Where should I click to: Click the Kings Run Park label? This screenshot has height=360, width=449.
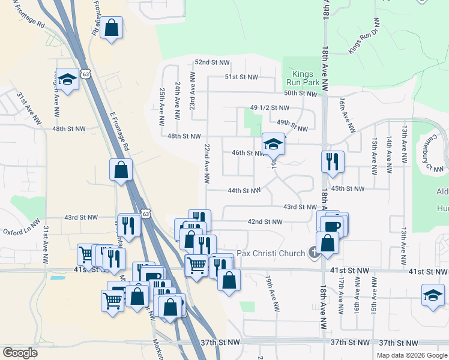tap(301, 79)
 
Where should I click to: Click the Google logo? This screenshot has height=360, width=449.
tap(20, 353)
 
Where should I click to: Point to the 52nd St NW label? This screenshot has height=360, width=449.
tap(212, 62)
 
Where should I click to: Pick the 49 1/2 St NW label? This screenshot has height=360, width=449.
tap(270, 108)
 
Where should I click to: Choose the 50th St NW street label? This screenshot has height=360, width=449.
tap(300, 94)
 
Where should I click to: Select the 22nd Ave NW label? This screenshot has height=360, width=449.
tap(206, 163)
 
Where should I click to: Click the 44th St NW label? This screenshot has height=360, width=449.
tap(244, 191)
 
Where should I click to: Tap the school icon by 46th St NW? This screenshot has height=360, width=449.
tap(273, 144)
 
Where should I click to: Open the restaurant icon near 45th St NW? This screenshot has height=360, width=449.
tap(332, 161)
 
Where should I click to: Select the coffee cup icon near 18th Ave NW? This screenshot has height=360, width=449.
tap(331, 226)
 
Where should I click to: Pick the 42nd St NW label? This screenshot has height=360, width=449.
tap(265, 221)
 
